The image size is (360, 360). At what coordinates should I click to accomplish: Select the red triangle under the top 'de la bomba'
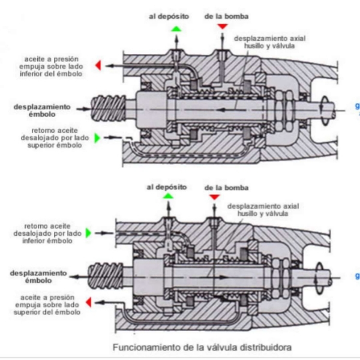(223, 27)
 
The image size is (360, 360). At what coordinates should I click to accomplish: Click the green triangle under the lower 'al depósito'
(168, 196)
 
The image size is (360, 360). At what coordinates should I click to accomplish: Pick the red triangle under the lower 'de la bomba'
(214, 197)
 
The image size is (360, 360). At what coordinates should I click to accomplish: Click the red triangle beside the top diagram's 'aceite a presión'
(98, 65)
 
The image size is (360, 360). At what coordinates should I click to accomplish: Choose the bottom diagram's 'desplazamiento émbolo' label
(37, 277)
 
